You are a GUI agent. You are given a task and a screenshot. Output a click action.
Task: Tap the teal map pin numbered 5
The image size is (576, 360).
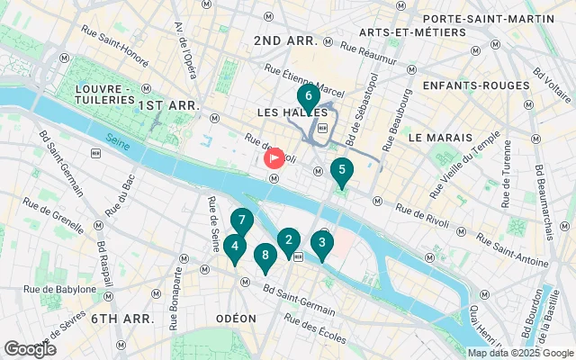click(341, 169)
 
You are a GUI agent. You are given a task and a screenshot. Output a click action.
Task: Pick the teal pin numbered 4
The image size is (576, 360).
click(234, 246)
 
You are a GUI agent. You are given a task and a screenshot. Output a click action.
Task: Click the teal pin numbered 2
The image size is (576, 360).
click(288, 240)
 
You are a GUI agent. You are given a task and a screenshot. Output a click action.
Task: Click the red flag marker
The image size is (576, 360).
click(274, 157)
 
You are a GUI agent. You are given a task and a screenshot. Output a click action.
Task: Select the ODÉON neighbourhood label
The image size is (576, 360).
click(236, 319)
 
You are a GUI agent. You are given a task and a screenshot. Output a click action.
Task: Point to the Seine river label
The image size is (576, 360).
click(116, 139)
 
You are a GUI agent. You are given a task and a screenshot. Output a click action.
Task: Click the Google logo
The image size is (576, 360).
click(30, 349)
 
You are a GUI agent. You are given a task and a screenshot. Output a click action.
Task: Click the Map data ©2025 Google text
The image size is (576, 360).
click(520, 353)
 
